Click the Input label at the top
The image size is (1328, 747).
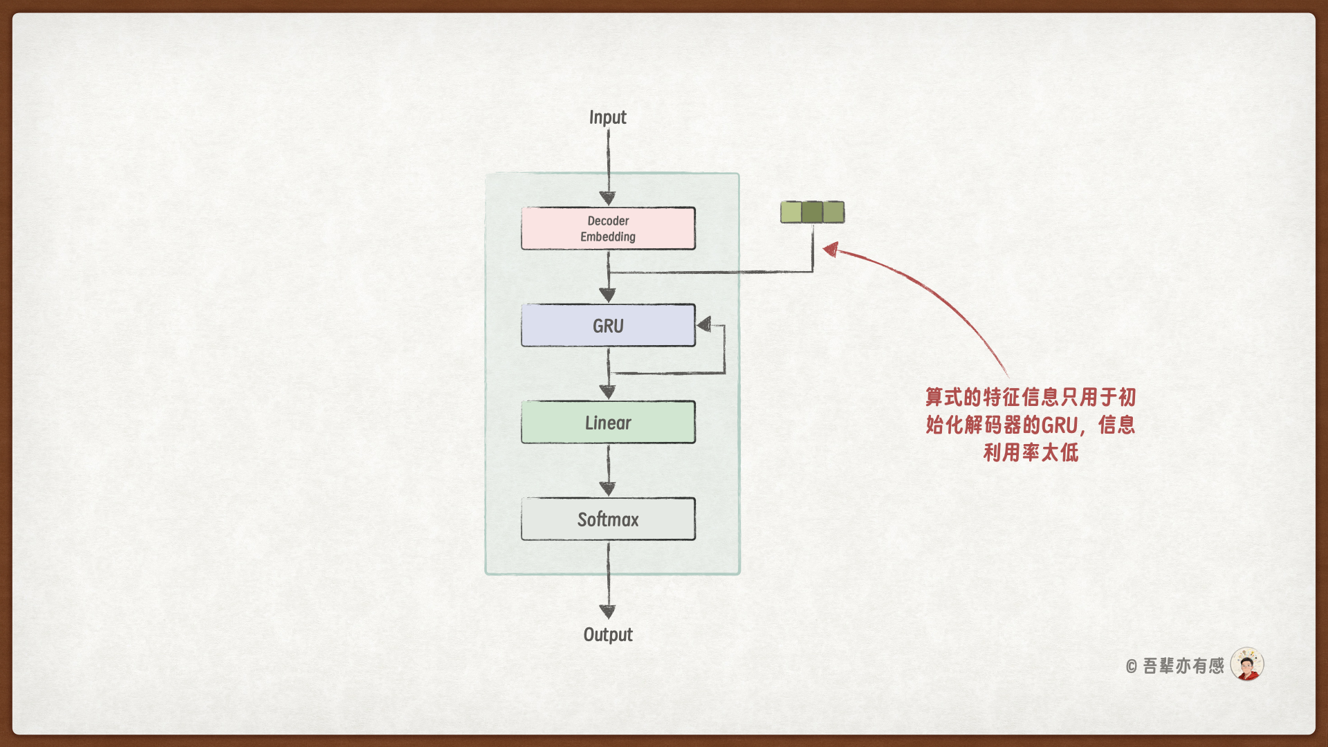(x=607, y=118)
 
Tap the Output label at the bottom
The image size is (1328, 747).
(x=607, y=634)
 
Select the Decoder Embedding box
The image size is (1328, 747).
(x=608, y=228)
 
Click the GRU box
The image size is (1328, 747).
(x=608, y=325)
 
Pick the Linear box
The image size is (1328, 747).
(x=608, y=422)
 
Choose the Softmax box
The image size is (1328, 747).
(x=608, y=519)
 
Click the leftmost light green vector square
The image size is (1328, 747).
(x=791, y=212)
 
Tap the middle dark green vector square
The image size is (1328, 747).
(x=813, y=212)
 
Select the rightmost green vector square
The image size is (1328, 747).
(x=833, y=212)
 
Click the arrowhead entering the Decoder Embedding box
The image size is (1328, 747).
(x=607, y=198)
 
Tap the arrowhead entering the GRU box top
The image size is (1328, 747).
(x=607, y=295)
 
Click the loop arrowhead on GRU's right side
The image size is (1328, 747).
(x=704, y=324)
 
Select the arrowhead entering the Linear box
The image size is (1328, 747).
(x=607, y=392)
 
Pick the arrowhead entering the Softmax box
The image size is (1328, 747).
(x=607, y=489)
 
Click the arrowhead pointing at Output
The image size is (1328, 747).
(x=607, y=611)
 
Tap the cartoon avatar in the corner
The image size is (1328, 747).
(x=1247, y=665)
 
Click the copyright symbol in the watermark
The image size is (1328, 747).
(x=1131, y=667)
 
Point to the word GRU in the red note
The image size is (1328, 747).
(x=1059, y=425)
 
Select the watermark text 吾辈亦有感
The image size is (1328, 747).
(x=1183, y=666)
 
